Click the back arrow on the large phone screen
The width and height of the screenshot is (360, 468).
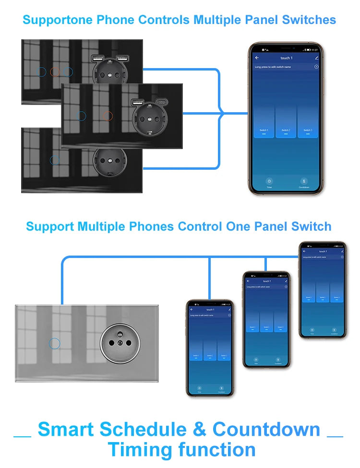257,58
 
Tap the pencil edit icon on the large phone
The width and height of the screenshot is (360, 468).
316,58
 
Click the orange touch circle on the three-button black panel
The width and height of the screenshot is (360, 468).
54,72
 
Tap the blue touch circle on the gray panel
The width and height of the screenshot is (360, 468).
55,343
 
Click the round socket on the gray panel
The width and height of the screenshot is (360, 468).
115,345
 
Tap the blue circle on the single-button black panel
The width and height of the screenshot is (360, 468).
55,160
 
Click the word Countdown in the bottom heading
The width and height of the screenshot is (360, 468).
266,429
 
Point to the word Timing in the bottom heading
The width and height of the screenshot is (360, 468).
140,450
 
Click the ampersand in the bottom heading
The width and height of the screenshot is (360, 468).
200,429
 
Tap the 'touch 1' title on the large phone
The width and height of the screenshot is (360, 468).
286,58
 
